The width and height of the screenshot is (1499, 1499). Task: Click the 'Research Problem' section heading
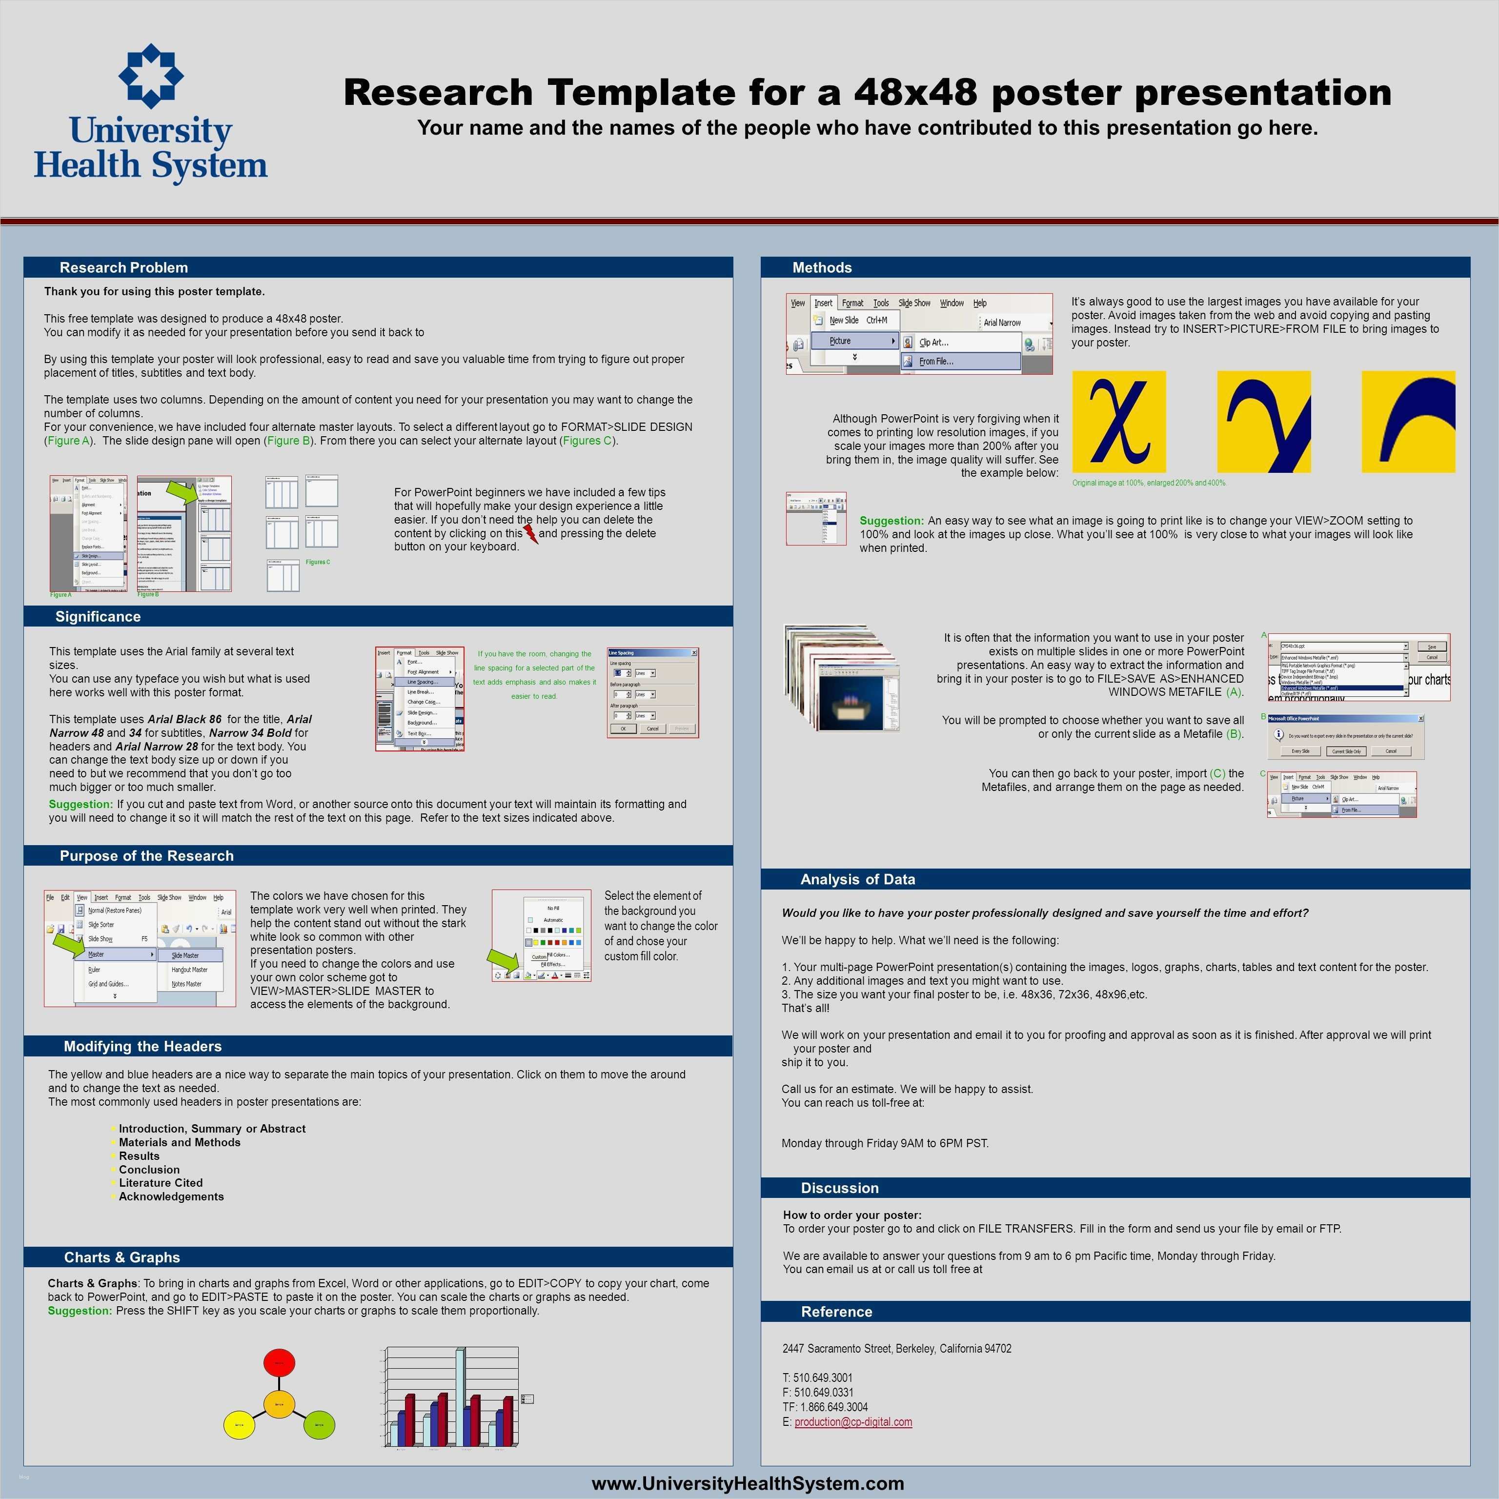[x=123, y=268]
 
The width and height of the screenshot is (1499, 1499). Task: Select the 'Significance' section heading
[x=98, y=617]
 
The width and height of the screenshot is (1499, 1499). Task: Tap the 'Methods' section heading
[x=822, y=268]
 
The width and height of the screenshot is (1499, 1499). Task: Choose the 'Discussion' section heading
[x=839, y=1188]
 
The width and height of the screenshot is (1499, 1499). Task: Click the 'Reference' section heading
[x=836, y=1311]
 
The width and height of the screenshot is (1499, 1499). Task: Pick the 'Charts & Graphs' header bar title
[x=122, y=1257]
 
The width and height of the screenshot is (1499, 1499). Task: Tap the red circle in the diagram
[x=279, y=1362]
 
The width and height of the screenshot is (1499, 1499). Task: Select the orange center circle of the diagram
[x=279, y=1404]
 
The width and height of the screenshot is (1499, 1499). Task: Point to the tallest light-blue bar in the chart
[x=461, y=1397]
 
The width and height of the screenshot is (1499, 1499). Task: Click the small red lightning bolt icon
[x=531, y=534]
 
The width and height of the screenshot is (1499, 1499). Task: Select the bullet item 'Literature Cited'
[x=161, y=1182]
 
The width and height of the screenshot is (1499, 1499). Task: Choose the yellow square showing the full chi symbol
[x=1119, y=421]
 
